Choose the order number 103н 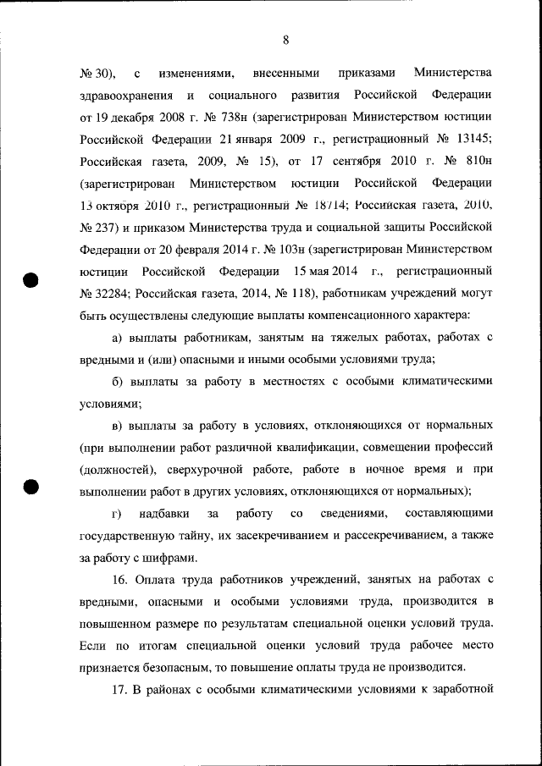[x=287, y=249]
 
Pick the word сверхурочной [x=192, y=469]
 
